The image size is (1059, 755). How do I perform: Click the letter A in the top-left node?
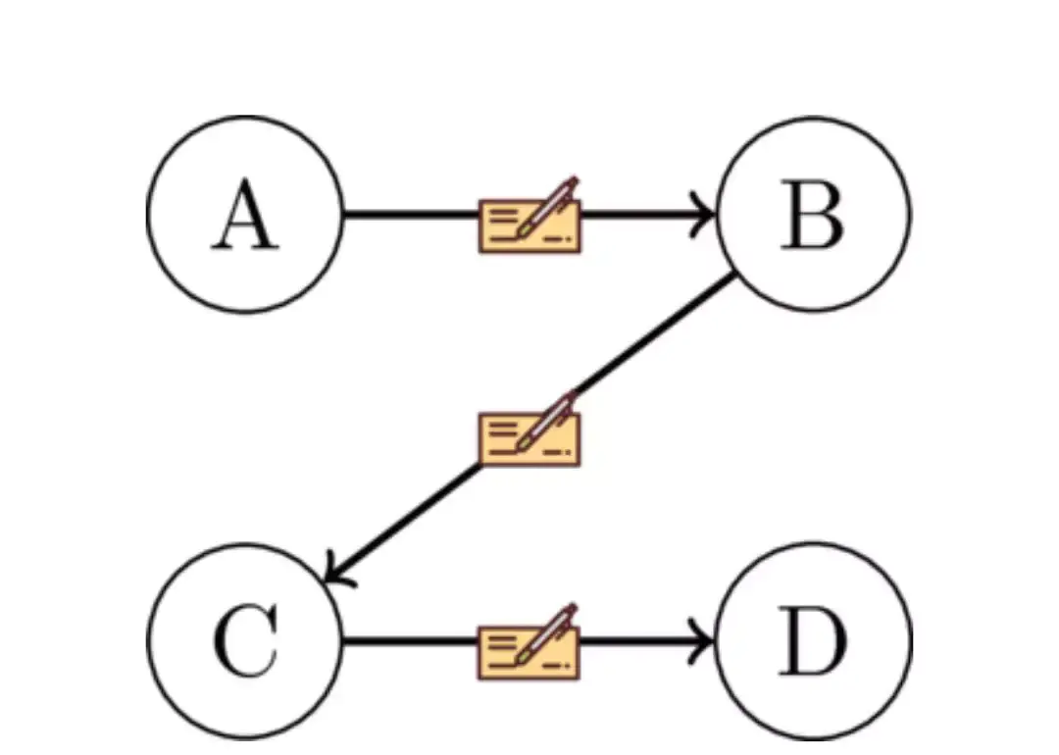245,214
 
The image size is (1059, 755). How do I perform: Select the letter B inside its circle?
813,215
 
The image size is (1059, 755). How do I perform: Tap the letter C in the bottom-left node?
245,640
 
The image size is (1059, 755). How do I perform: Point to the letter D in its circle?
813,640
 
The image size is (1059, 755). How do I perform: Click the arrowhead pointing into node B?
703,215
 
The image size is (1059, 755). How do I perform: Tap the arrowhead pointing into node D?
702,640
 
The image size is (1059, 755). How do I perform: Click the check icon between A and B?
529,216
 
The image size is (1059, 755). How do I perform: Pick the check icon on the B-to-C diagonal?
529,429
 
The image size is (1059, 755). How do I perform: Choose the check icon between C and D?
529,643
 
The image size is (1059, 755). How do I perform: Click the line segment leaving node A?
411,215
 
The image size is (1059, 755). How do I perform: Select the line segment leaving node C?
411,640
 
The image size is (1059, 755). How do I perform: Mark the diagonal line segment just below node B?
654,333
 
